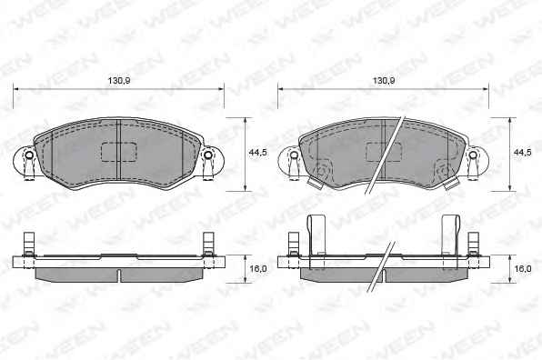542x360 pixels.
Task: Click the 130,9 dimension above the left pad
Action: [119, 81]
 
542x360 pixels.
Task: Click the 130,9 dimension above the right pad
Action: [384, 81]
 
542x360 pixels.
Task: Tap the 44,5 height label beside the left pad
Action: [258, 153]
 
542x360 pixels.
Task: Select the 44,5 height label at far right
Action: [523, 153]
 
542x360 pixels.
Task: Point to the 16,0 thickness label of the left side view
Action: [258, 268]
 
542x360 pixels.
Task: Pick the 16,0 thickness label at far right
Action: [523, 268]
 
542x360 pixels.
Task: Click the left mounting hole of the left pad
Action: [29, 155]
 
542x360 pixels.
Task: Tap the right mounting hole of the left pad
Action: [207, 155]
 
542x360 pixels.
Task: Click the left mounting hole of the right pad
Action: [294, 155]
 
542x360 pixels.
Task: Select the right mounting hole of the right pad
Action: [473, 155]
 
